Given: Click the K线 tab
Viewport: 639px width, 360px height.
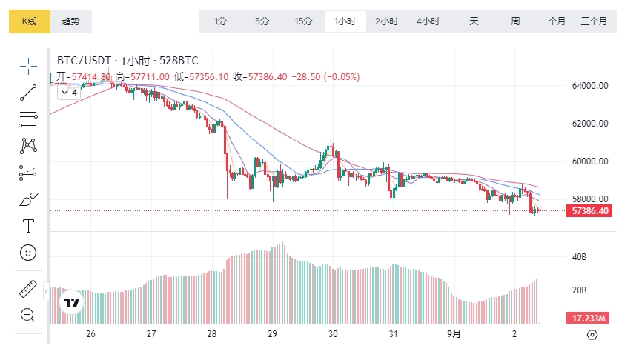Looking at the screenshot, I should click(x=30, y=21).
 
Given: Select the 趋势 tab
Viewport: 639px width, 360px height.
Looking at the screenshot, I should click(x=71, y=21).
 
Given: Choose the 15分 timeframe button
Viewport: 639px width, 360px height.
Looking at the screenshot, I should click(x=303, y=21).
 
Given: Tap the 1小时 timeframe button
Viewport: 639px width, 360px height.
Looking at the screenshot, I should click(x=345, y=21).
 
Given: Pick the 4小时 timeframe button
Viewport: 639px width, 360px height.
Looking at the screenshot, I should click(x=428, y=21).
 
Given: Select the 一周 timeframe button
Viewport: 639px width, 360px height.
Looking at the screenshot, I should click(x=511, y=21).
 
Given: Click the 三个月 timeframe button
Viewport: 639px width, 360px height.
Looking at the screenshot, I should click(x=594, y=21).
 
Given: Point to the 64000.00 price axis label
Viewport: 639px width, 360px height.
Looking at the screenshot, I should click(x=590, y=86).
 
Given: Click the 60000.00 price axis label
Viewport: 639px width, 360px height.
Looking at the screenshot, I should click(x=590, y=161).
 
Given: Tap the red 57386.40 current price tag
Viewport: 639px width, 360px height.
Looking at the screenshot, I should click(x=591, y=211).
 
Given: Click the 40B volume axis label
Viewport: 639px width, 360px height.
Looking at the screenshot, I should click(x=579, y=257).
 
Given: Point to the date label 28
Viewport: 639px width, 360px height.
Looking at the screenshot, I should click(x=212, y=334).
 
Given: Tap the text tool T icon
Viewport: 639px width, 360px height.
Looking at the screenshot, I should click(x=28, y=226).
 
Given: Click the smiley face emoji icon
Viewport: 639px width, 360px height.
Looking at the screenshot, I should click(x=28, y=252).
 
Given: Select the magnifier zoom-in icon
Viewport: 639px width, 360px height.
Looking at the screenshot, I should click(x=28, y=315).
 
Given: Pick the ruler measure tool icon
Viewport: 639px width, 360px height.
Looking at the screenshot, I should click(x=28, y=289).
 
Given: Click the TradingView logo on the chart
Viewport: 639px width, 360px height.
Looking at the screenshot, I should click(x=72, y=302).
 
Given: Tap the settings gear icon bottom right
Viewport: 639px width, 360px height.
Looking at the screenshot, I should click(x=592, y=335).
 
